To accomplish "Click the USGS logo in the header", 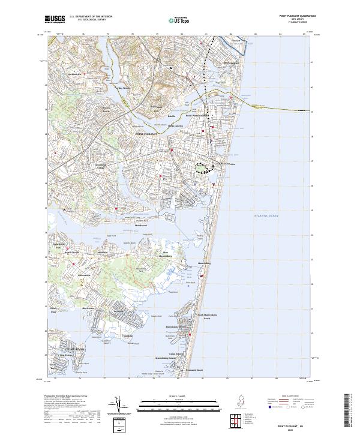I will pos(55,19).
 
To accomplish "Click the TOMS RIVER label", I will pos(67,347).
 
